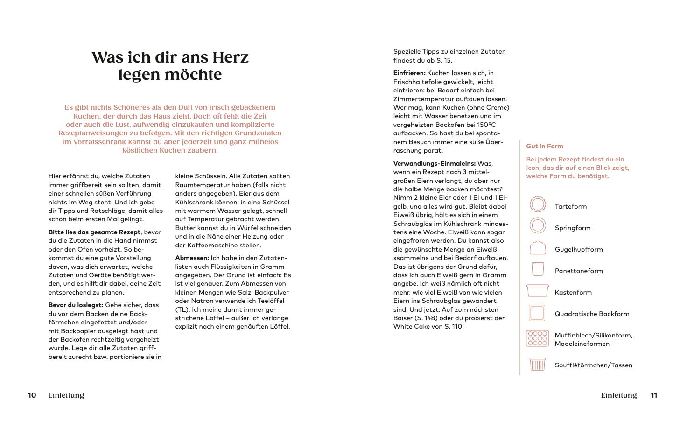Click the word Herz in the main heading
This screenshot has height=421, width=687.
coord(231,57)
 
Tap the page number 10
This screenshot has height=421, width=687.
coord(32,395)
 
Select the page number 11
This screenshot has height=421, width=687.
coord(654,395)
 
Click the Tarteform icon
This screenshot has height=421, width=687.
coord(538,204)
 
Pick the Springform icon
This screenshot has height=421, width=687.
coord(538,226)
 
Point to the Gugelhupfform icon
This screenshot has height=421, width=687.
coord(538,248)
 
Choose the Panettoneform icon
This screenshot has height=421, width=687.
coord(538,269)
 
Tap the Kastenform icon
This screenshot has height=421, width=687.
coord(537,291)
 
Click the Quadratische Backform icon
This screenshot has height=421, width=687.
coord(537,313)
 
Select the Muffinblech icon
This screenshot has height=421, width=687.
coord(537,338)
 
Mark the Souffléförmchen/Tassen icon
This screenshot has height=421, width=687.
coord(537,364)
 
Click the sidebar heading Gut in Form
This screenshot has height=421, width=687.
coord(545,146)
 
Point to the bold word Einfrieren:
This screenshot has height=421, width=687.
coord(409,73)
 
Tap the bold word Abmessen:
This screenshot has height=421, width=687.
coord(192,258)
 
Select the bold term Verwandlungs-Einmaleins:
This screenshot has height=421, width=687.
coord(435,164)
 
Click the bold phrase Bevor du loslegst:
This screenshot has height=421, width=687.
coord(76,305)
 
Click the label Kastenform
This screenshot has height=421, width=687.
coord(573,293)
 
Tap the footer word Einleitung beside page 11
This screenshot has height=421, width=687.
coord(618,395)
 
